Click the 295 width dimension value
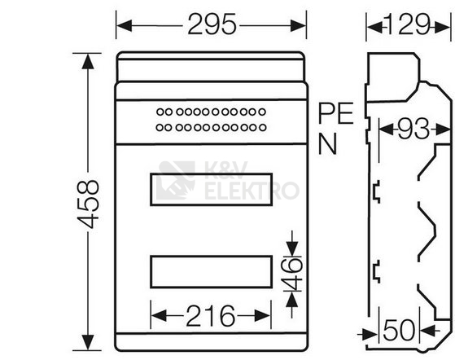click(212, 24)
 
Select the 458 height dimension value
click(88, 204)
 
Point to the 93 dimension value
click(413, 129)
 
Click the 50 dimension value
click(400, 330)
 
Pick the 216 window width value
click(210, 315)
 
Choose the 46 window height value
click(292, 274)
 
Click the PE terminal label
click(335, 113)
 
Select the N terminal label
click(327, 143)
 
